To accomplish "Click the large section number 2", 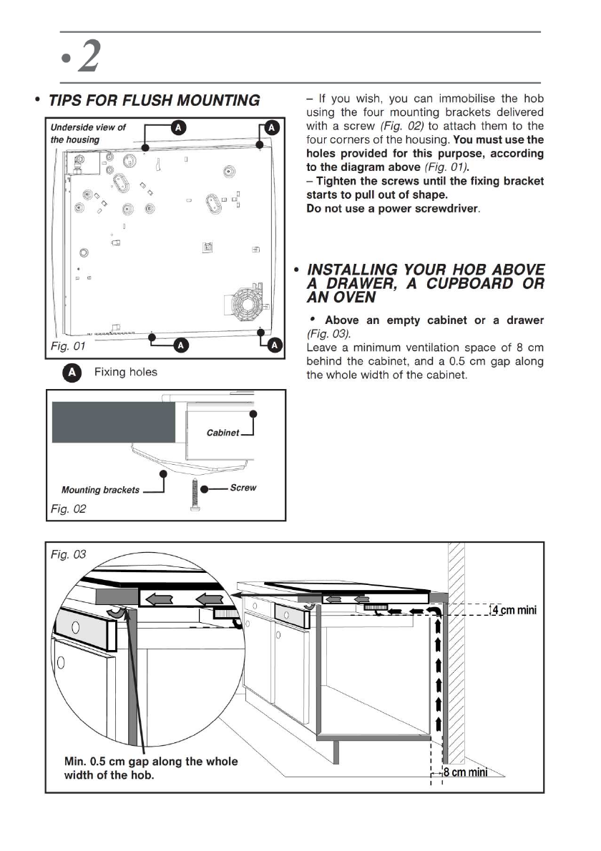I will tap(87, 56).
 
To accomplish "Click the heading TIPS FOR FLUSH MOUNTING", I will tap(153, 101).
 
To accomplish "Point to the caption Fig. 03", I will tap(68, 555).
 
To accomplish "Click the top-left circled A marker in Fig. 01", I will tap(179, 127).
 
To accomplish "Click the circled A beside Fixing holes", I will tap(71, 373).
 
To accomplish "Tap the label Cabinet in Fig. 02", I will tap(223, 433).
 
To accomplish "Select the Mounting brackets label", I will tap(100, 490).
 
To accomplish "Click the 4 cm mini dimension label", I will tap(514, 610).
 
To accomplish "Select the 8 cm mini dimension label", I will tap(465, 772).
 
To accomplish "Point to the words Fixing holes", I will tap(126, 373).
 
